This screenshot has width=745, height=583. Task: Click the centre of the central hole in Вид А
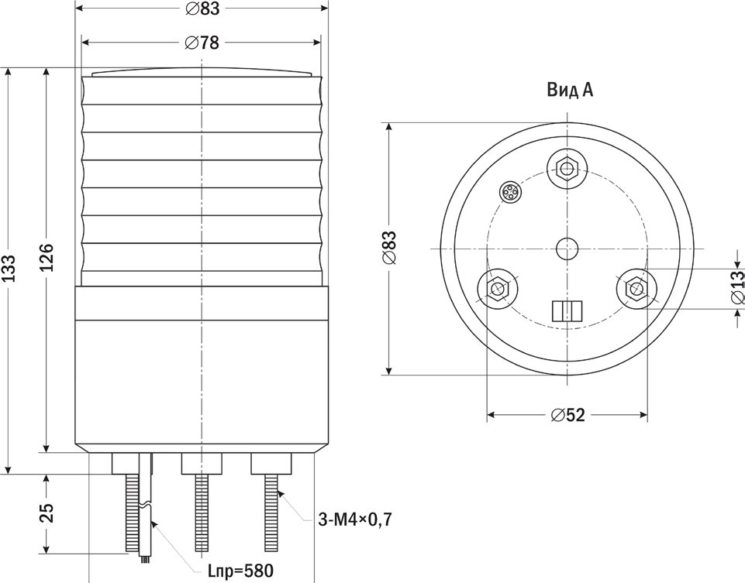click(567, 249)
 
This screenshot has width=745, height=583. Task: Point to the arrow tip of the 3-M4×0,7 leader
click(278, 491)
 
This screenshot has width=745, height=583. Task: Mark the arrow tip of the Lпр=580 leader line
click(150, 521)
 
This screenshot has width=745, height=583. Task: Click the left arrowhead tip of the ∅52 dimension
click(488, 415)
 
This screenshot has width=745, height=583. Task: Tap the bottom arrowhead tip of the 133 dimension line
click(7, 473)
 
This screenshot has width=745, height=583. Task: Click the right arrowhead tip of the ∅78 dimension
click(321, 43)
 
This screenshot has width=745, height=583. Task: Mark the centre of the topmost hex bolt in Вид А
click(567, 168)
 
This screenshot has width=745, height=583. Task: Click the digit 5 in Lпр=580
click(249, 571)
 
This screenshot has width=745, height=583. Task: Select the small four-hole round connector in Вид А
click(510, 193)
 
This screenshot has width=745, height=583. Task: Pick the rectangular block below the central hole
click(567, 310)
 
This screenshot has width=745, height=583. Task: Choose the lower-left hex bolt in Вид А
click(498, 289)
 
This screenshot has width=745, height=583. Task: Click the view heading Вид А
click(570, 90)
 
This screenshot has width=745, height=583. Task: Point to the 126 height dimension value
click(46, 257)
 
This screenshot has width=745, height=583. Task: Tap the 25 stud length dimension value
click(46, 513)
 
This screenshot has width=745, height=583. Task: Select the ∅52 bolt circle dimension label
click(567, 415)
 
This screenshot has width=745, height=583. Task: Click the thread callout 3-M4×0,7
click(355, 520)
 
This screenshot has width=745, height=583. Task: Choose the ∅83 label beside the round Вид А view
click(389, 248)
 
